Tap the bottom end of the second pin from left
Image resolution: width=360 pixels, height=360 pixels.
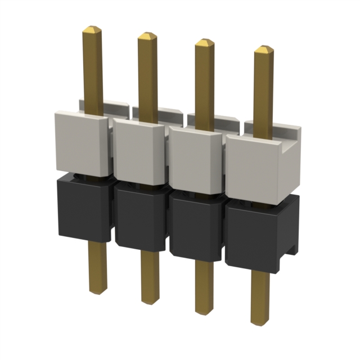[150, 301]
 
